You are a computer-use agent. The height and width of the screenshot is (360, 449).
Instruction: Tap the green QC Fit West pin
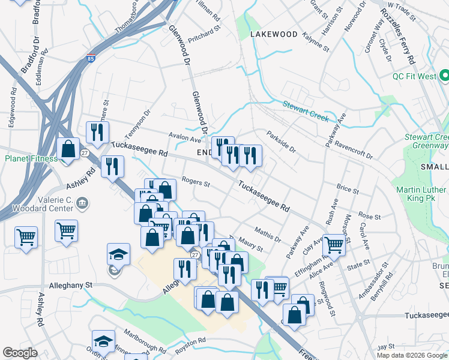point(444,76)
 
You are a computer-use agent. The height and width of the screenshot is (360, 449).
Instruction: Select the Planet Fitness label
point(31,159)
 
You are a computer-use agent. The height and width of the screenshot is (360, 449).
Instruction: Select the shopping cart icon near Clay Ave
point(334,244)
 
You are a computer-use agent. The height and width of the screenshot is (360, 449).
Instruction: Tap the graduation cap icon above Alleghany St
point(119,254)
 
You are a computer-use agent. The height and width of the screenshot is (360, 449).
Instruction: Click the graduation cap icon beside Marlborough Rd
point(103,341)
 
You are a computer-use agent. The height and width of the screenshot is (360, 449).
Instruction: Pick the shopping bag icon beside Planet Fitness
point(69,150)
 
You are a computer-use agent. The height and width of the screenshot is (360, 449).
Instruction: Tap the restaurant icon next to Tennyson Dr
point(96,133)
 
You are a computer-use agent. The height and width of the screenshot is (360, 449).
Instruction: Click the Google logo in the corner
point(20,353)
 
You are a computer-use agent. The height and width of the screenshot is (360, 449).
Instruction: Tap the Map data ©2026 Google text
point(411,355)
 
